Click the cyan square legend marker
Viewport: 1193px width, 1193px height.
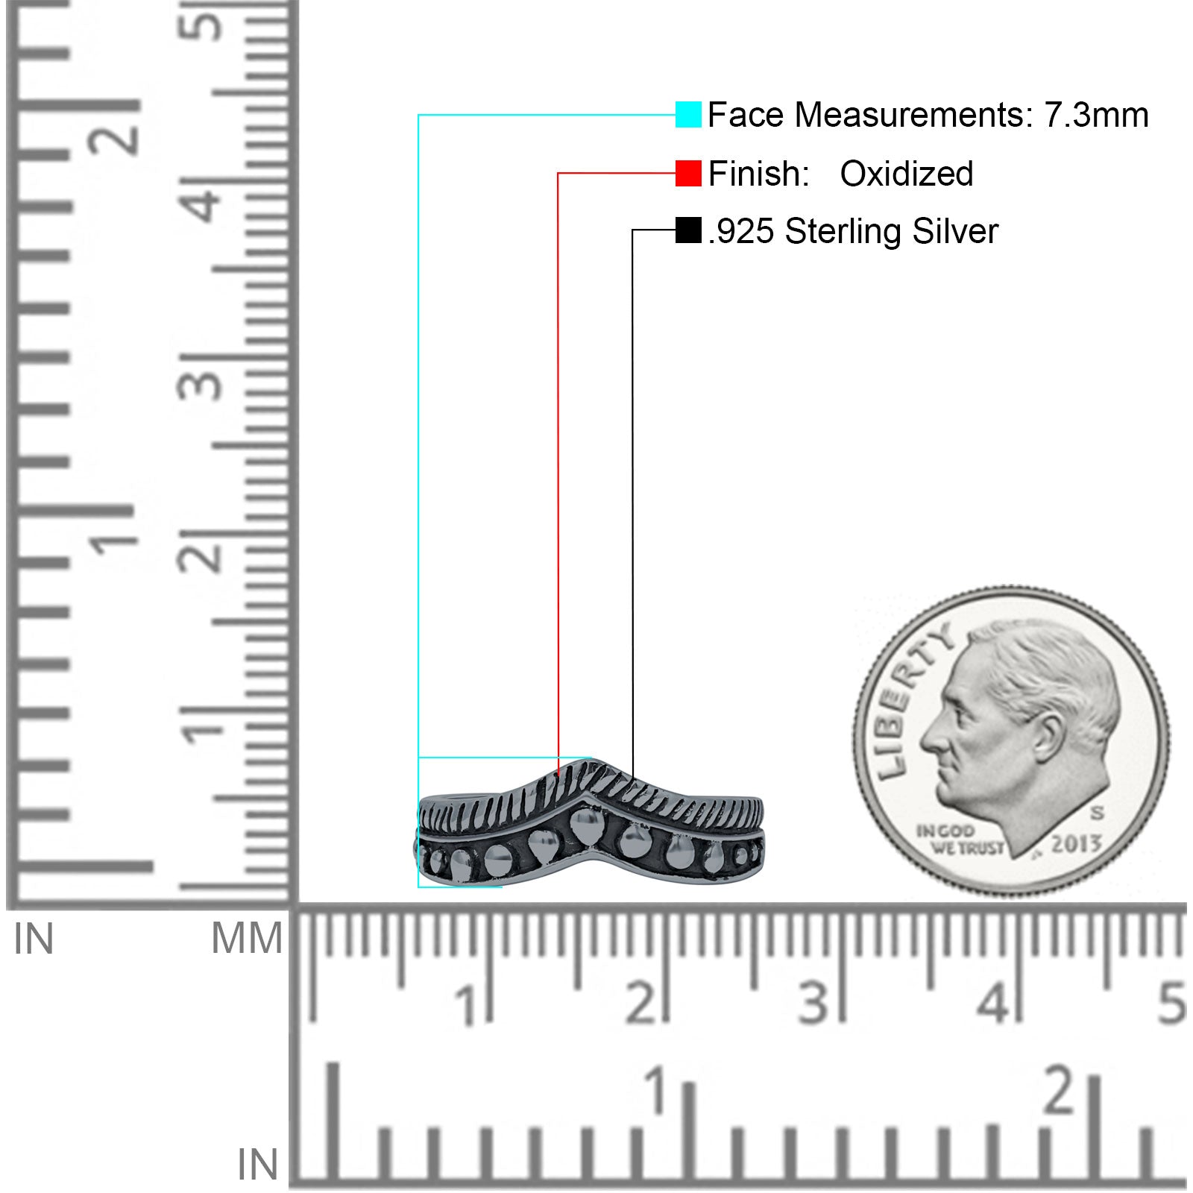(688, 115)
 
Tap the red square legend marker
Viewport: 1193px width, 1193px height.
(688, 173)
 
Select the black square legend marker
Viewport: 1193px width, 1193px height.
(688, 230)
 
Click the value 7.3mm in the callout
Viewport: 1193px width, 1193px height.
(1096, 115)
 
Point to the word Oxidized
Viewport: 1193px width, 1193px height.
(907, 174)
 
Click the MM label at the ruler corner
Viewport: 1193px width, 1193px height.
(247, 938)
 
